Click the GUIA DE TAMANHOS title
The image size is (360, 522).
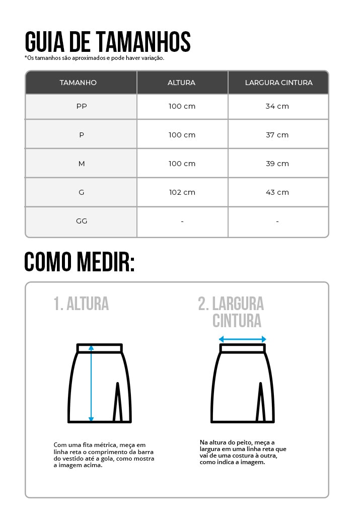pyautogui.click(x=107, y=42)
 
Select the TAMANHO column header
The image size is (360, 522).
pyautogui.click(x=78, y=83)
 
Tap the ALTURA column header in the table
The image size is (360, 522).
pyautogui.click(x=181, y=83)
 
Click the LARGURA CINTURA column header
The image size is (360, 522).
pyautogui.click(x=278, y=83)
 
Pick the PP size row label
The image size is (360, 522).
pyautogui.click(x=81, y=106)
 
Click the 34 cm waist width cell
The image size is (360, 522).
pyautogui.click(x=277, y=106)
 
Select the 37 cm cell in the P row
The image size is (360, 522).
pyautogui.click(x=277, y=135)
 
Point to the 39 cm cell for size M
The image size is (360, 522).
pyautogui.click(x=277, y=164)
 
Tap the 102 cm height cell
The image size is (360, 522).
pyautogui.click(x=182, y=192)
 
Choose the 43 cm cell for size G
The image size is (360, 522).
pyautogui.click(x=277, y=192)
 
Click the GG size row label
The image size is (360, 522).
pyautogui.click(x=81, y=221)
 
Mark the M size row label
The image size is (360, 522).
pyautogui.click(x=81, y=164)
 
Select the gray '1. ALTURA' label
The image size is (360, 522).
pyautogui.click(x=81, y=304)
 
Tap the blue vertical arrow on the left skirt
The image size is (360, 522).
pyautogui.click(x=91, y=383)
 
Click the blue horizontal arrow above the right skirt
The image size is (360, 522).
pyautogui.click(x=242, y=339)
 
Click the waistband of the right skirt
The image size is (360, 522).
pyautogui.click(x=242, y=348)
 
